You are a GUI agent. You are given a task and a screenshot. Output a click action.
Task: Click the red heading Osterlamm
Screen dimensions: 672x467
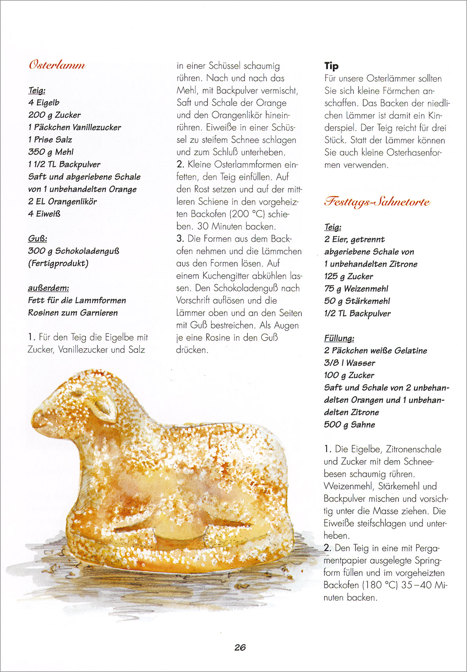[57, 65]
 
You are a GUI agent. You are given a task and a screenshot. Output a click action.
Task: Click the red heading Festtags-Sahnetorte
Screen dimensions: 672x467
[377, 202]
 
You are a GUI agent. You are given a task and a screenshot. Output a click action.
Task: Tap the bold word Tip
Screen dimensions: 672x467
[331, 66]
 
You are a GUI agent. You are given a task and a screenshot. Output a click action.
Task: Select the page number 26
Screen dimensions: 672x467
[240, 647]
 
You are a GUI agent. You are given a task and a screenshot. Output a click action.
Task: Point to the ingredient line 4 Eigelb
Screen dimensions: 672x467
[44, 102]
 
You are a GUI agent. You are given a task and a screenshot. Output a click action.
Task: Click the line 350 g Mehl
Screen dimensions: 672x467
[51, 152]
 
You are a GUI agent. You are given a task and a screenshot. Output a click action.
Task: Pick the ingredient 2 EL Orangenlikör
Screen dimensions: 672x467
[62, 201]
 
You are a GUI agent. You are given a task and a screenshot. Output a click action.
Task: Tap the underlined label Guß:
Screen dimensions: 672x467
[38, 239]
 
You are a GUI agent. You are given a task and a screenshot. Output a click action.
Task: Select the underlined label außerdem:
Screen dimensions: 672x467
[49, 288]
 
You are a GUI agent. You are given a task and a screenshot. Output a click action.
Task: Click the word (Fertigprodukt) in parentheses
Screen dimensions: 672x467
[58, 263]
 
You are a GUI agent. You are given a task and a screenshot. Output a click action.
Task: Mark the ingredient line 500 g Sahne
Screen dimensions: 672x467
[349, 424]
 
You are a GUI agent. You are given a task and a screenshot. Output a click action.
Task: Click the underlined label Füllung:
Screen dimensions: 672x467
[339, 338]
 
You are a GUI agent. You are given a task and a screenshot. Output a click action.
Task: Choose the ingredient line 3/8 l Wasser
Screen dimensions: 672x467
[349, 363]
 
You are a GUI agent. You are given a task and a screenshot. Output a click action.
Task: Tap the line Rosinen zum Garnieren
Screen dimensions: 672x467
[73, 313]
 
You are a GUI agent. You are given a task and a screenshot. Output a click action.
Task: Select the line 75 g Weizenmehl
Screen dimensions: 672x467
[356, 289]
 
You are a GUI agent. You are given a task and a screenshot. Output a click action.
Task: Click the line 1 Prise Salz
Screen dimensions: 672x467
[50, 140]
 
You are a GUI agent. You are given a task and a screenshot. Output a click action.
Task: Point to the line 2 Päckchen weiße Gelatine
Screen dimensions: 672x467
[375, 350]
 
